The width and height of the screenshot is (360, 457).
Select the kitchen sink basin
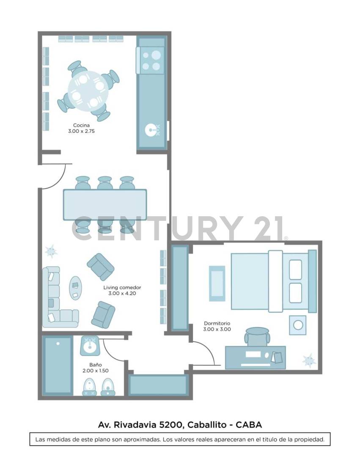coord(151,130)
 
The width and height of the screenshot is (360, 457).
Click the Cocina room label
coord(81,125)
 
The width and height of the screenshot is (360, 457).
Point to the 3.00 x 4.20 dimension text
coord(122,293)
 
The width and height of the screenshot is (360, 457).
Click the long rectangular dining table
coord(105,204)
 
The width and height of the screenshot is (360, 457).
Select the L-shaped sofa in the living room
coord(55,301)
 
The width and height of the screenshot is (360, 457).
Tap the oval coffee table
coord(76,288)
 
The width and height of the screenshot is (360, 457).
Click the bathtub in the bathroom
coord(58,365)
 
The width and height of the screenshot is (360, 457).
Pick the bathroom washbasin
coord(90,347)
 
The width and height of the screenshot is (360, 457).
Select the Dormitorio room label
coord(217,323)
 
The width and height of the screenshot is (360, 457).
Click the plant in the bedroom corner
coord(309,360)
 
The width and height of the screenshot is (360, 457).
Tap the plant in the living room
coord(51,251)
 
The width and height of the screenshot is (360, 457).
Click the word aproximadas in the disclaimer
coord(140,440)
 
